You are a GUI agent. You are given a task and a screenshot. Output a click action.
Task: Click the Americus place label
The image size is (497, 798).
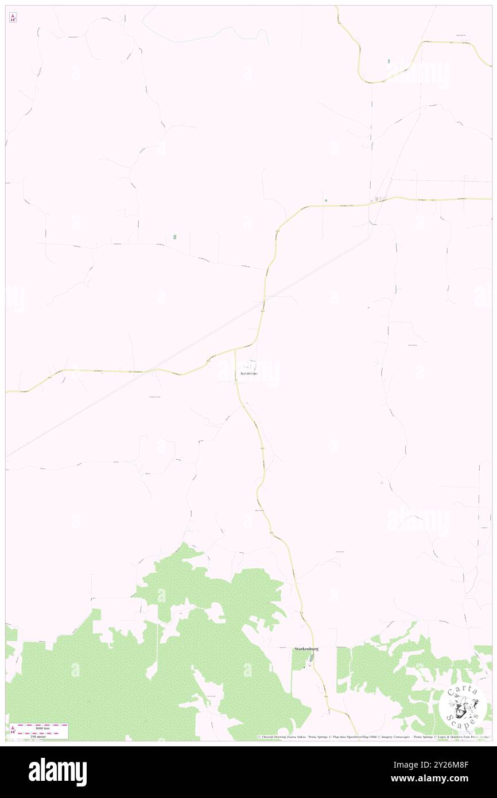(247, 374)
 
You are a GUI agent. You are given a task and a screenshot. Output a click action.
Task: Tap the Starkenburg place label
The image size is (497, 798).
(306, 649)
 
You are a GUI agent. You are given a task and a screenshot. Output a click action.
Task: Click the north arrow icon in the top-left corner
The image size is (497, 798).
(13, 18)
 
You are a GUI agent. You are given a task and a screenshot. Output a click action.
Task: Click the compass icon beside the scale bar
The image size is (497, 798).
(12, 731)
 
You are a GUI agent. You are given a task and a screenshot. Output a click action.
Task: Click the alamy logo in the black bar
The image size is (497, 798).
(57, 772)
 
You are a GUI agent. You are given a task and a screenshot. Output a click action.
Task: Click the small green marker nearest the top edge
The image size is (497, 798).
(389, 60)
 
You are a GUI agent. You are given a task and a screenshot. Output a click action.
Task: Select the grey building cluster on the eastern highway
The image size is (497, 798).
(379, 199)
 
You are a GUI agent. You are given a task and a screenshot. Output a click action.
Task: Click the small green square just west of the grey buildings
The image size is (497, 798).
(325, 200)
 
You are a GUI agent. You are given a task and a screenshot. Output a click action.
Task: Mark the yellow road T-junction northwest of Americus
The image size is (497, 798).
(235, 350)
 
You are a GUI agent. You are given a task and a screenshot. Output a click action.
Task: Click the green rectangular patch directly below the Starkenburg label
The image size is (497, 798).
(298, 661)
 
